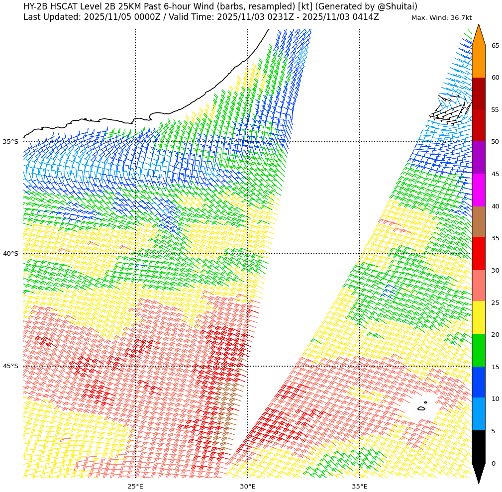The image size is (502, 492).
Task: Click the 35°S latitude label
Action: pos(10,142)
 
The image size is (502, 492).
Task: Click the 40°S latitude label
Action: pos(10,254)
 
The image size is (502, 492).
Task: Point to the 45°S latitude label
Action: pos(10,366)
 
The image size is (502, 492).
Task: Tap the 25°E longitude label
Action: pos(135,486)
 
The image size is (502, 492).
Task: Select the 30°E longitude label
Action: pos(248,486)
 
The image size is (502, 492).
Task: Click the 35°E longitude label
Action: pos(360,486)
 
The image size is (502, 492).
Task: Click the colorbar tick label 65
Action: pos(496,46)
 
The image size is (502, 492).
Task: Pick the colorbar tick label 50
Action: pos(496,142)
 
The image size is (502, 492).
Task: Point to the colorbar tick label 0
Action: pos(494,464)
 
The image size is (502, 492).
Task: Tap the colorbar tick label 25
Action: pos(496,303)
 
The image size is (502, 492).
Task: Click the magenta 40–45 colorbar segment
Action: pos(478,190)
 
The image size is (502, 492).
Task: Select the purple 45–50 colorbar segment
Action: pos(478,158)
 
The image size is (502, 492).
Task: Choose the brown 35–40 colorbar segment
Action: pos(478,222)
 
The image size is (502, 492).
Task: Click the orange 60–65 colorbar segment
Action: pos(478,61)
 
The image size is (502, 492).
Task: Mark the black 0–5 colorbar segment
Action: pos(478,447)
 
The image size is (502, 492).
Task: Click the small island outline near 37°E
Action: pos(421,408)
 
